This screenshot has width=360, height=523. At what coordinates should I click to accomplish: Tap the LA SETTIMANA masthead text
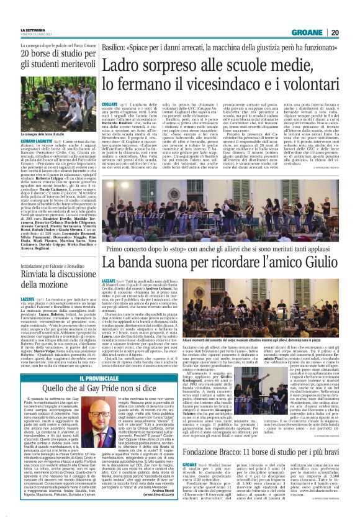34,30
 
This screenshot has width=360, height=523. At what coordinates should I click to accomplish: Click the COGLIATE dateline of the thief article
109,102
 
